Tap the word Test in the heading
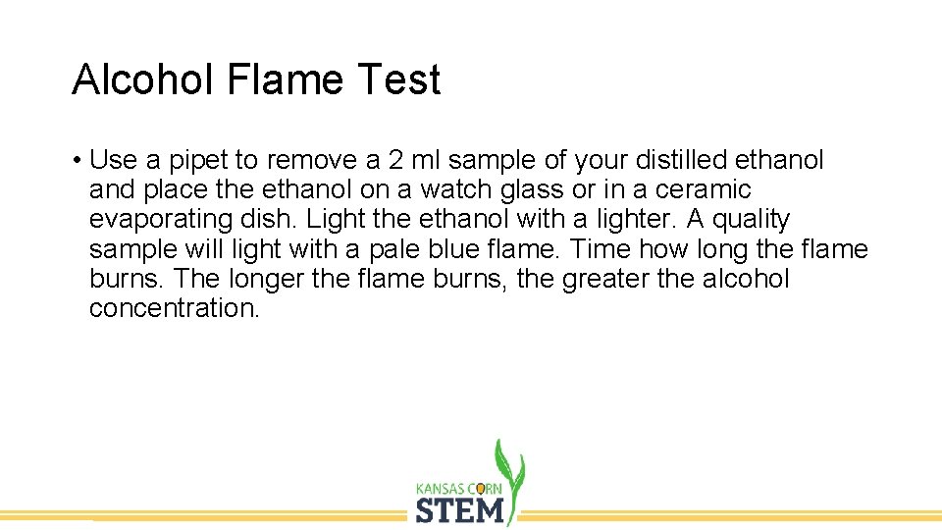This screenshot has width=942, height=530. pyautogui.click(x=401, y=80)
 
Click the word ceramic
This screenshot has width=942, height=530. pyautogui.click(x=703, y=189)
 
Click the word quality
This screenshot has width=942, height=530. pyautogui.click(x=753, y=219)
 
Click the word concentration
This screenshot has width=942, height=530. pyautogui.click(x=174, y=308)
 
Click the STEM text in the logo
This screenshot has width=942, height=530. pyautogui.click(x=460, y=510)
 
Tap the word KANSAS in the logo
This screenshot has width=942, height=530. pyautogui.click(x=443, y=488)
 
